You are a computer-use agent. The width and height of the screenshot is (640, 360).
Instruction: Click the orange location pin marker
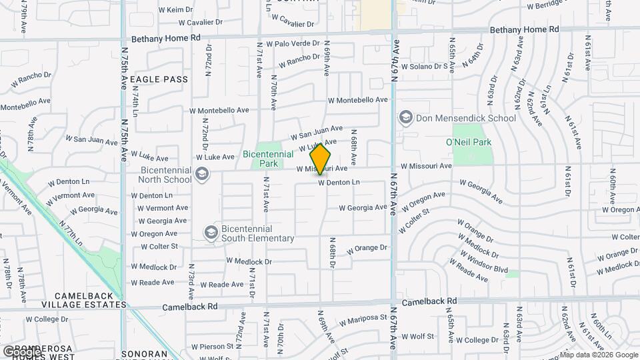pos(321,159)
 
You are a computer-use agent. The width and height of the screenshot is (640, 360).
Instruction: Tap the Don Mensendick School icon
pos(405,118)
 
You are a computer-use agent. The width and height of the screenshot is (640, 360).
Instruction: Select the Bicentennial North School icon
pos(201,175)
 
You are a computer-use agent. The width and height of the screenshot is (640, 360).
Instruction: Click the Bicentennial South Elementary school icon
pos(211,232)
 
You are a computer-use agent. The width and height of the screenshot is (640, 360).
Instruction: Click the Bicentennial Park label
pos(269,159)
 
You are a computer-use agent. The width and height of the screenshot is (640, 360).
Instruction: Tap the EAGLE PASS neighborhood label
pos(159,79)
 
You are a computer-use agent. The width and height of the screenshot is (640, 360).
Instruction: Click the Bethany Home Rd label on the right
pos(524,30)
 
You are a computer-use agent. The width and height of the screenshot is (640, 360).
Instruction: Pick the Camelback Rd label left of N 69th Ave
pos(190,307)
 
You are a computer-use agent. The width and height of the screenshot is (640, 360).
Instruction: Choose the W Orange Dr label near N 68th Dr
pos(366,248)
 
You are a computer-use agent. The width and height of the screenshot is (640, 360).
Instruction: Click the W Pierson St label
pos(211,347)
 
